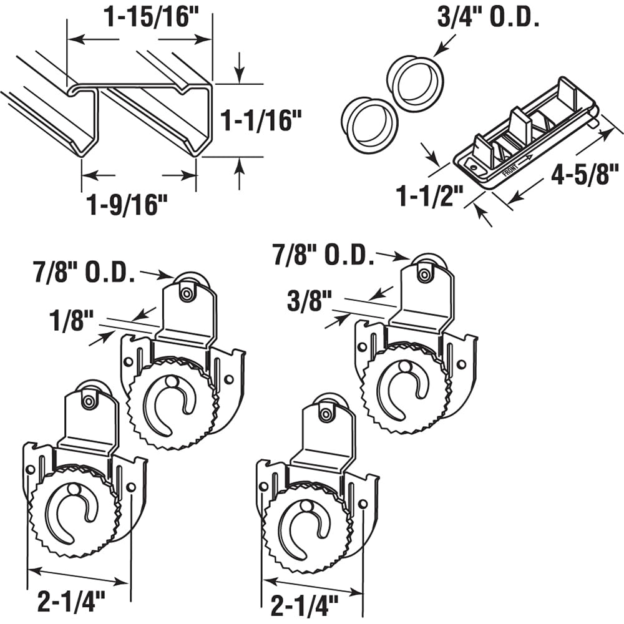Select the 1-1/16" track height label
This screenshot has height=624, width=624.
coord(256,120)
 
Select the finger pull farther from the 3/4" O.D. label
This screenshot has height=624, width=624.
coord(369,124)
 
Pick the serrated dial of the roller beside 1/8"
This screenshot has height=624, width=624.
coord(172,402)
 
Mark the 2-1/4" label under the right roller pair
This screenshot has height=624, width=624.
coord(305,603)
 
